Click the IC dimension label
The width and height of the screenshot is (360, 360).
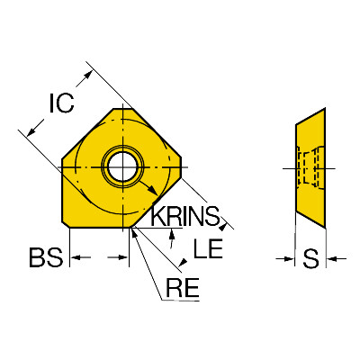[61, 103]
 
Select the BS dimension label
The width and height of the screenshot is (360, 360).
[46, 257]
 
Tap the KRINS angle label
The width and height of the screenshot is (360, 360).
[185, 216]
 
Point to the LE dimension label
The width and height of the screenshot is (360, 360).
[208, 248]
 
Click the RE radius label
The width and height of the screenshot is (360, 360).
[183, 287]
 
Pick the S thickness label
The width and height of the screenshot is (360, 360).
[310, 258]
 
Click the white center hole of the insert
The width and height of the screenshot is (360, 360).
[123, 166]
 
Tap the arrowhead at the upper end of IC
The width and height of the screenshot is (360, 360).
[87, 75]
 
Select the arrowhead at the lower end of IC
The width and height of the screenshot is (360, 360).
[31, 131]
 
